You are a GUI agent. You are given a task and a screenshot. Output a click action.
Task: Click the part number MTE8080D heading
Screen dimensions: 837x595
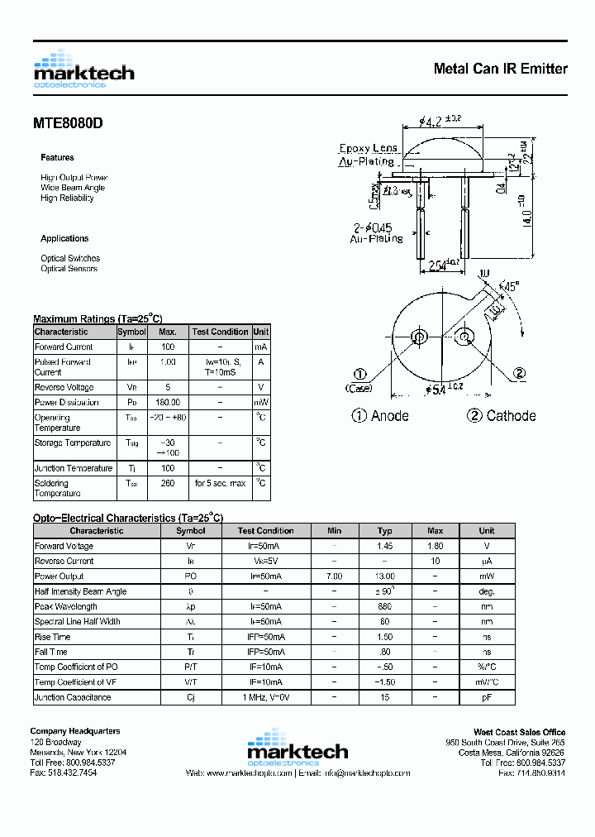(68, 123)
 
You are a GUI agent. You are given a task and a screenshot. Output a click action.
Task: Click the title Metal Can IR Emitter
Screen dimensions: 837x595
(500, 69)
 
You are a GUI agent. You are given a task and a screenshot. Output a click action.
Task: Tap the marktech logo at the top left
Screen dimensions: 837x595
(83, 69)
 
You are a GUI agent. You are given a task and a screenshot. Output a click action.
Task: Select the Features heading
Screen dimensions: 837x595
(57, 157)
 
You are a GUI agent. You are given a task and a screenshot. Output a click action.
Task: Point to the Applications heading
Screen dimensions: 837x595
(64, 238)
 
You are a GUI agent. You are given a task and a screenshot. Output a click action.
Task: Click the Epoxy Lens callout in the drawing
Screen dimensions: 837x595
(368, 148)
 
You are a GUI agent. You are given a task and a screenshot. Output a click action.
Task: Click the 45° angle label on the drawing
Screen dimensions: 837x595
(511, 287)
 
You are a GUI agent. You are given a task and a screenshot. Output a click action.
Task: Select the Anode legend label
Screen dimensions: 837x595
(380, 416)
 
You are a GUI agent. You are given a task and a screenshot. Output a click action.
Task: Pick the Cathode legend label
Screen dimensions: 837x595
(502, 416)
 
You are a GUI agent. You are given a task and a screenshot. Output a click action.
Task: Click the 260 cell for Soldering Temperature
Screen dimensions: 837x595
(168, 483)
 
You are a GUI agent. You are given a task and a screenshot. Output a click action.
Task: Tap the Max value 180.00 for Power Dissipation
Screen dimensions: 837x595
(168, 402)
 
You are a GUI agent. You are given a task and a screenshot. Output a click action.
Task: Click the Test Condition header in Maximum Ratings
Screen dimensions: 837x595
(220, 332)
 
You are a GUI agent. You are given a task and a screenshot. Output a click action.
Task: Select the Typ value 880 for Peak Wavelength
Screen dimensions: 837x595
(384, 606)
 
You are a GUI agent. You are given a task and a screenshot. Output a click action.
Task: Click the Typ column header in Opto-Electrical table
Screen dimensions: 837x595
(384, 531)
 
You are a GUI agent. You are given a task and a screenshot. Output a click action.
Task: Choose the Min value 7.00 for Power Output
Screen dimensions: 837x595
(334, 576)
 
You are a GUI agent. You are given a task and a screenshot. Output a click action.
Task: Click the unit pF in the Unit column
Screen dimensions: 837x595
(487, 697)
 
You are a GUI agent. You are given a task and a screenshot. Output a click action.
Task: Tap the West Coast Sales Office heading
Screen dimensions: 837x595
(519, 732)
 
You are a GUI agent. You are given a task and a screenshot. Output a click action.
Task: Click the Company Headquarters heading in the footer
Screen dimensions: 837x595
(75, 731)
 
